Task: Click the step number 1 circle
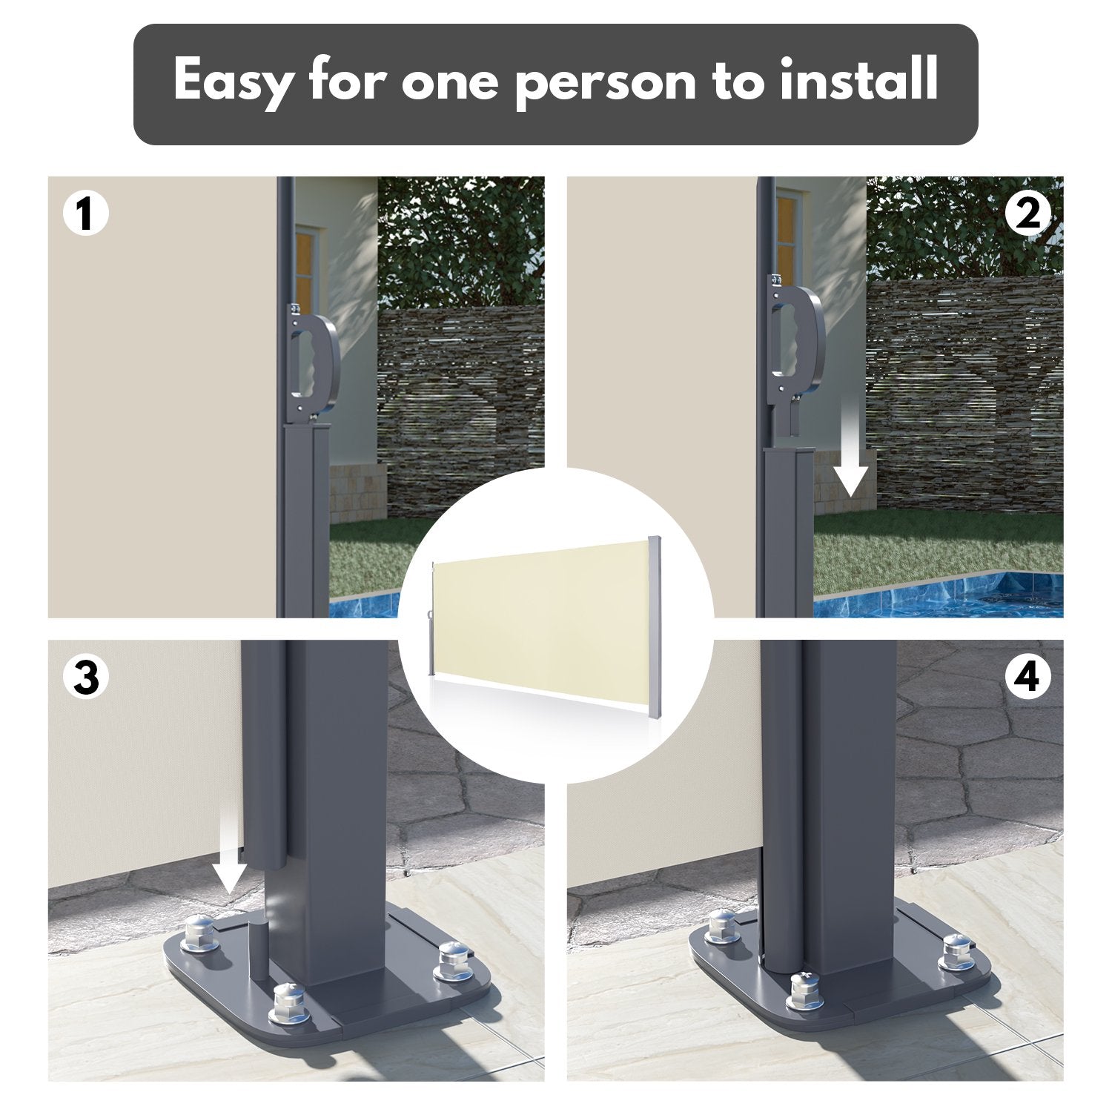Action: [x=86, y=214]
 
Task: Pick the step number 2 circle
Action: [x=1027, y=214]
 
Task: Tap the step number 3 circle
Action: [x=86, y=678]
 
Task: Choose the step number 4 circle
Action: [x=1027, y=678]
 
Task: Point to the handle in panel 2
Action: [x=797, y=341]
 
